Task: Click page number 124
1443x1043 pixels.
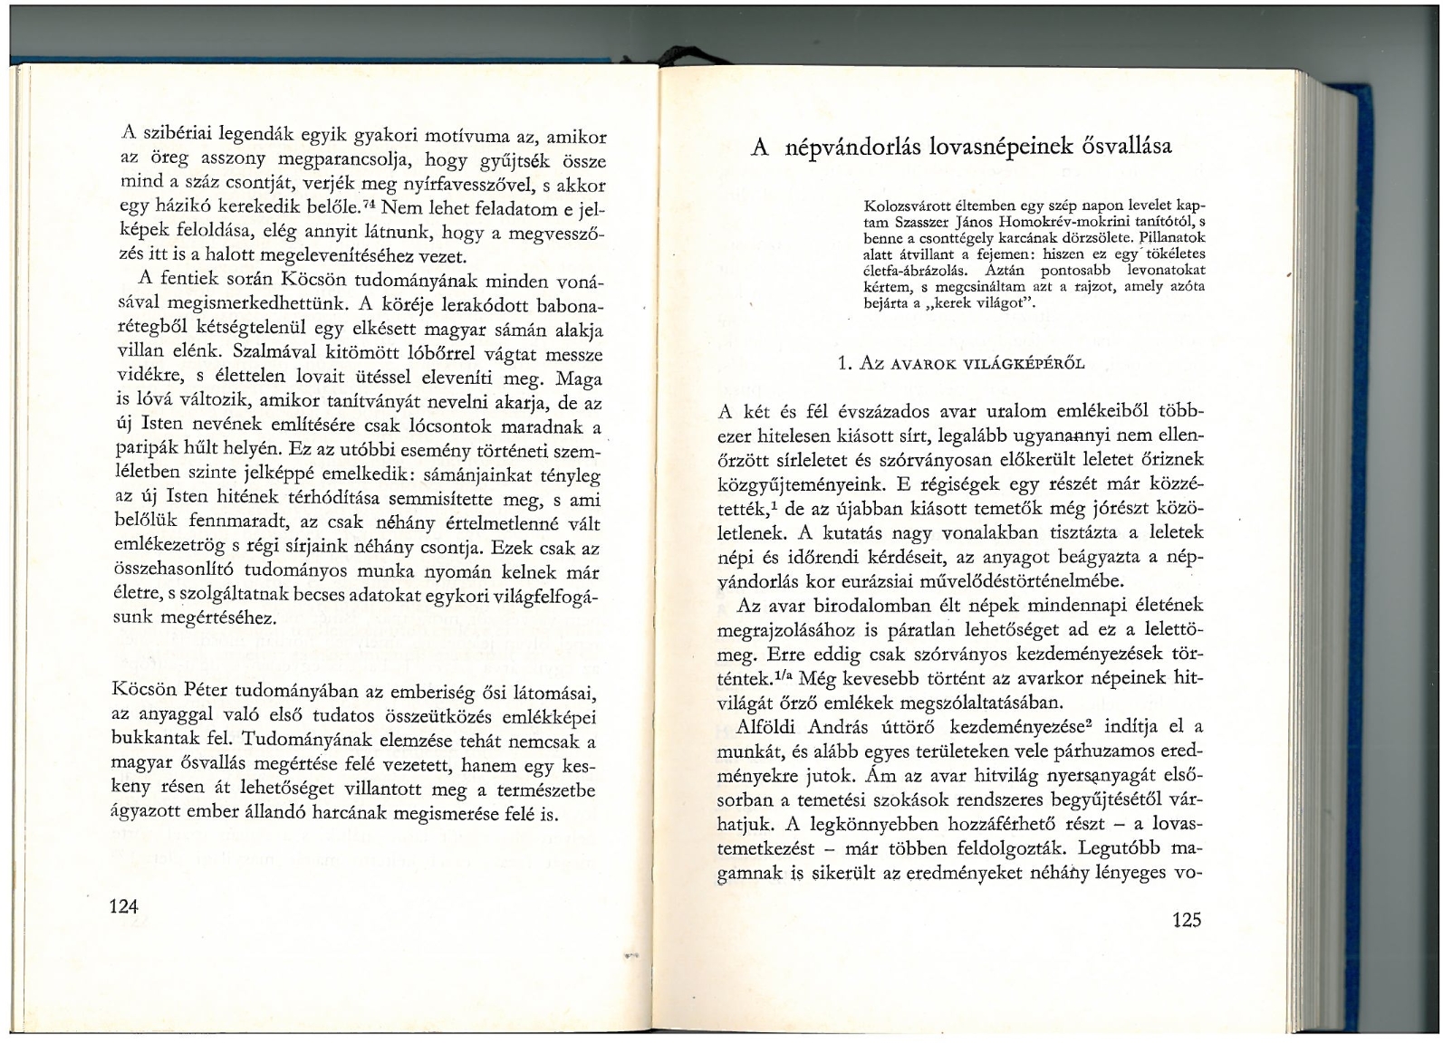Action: (x=121, y=906)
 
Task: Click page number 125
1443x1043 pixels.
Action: (x=1185, y=921)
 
